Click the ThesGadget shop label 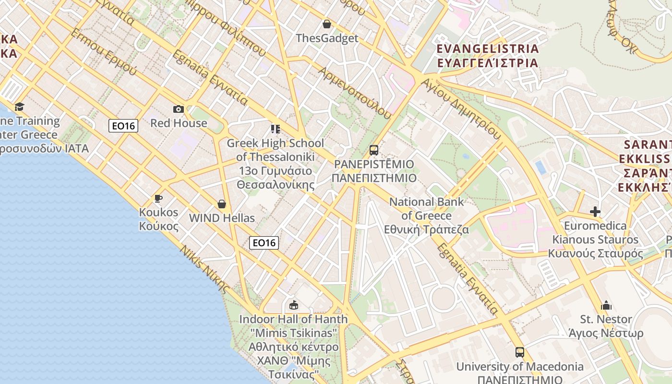(327, 38)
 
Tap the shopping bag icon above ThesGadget (327, 24)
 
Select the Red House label (179, 123)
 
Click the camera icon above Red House (179, 109)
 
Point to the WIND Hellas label (222, 218)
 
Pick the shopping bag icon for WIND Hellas (222, 204)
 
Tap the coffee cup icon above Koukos (158, 198)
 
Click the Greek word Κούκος (158, 226)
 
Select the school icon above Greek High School (275, 129)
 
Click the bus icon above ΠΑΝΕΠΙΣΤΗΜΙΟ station (374, 150)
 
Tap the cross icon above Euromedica (595, 212)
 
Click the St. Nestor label (606, 319)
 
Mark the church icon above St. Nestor (606, 305)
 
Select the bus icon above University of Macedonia (520, 352)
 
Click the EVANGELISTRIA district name (488, 48)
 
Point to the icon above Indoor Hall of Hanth (293, 305)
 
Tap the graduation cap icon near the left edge (19, 107)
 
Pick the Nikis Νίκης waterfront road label (204, 269)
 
